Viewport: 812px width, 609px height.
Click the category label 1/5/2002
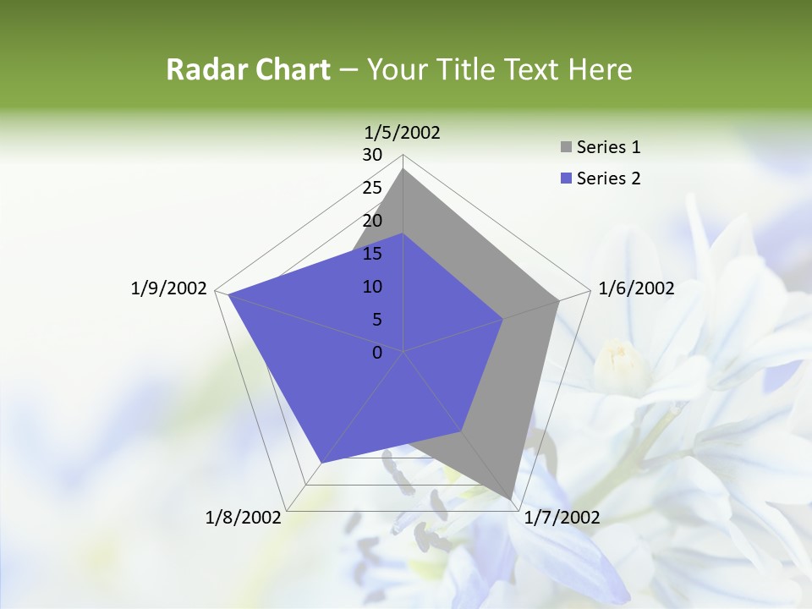coord(403,132)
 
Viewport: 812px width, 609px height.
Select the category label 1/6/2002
coord(636,288)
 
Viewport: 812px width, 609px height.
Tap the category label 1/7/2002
coord(562,518)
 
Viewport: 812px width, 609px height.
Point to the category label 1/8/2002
coord(244,518)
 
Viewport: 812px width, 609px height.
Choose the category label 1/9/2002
coord(169,288)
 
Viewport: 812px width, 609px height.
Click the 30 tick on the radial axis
coord(372,155)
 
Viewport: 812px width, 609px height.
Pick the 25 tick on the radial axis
coord(372,188)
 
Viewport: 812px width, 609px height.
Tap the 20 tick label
coord(372,221)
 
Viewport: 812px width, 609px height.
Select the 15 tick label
coord(372,254)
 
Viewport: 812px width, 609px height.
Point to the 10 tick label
coord(372,287)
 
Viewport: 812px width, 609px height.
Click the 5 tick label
coord(376,320)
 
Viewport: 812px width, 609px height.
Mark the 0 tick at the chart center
coord(377,353)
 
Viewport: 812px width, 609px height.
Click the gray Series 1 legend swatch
coord(566,147)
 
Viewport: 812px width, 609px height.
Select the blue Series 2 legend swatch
coord(566,178)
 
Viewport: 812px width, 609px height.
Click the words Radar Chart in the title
coord(248,69)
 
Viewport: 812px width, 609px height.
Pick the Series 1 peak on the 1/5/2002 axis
coord(403,169)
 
